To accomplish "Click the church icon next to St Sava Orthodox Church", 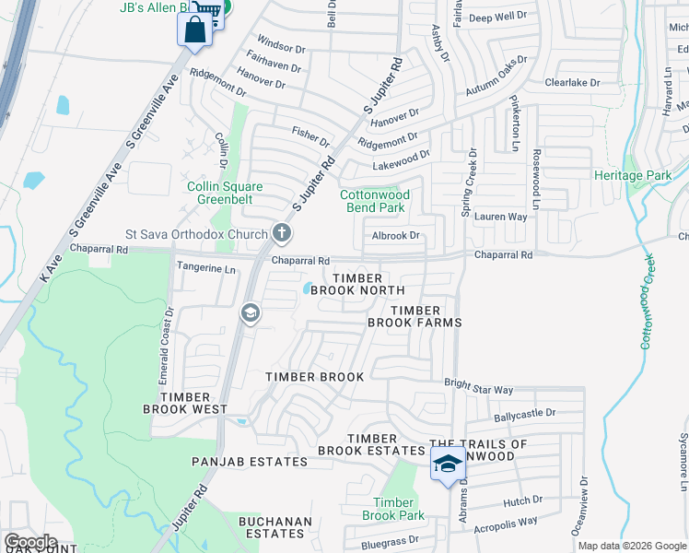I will click(x=281, y=234).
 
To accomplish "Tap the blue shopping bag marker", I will click(x=194, y=29).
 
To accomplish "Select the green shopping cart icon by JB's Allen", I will click(x=214, y=10).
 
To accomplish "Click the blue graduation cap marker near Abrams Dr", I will click(x=448, y=464).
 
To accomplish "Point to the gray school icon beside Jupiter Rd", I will click(x=250, y=314).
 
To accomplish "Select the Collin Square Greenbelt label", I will click(x=225, y=193).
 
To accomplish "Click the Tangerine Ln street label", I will click(x=205, y=268).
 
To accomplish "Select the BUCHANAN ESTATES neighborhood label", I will click(x=275, y=527).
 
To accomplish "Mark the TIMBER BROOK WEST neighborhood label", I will click(x=185, y=402).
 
